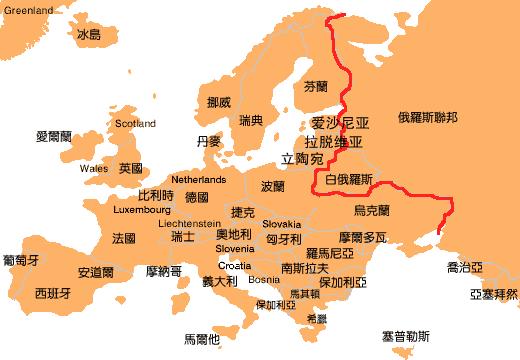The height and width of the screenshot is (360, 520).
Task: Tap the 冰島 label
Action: coord(88,35)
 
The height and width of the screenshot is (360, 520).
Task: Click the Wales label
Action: coord(94,168)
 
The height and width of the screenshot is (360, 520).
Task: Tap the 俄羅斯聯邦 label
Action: coord(427,117)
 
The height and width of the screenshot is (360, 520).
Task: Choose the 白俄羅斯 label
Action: coord(349,180)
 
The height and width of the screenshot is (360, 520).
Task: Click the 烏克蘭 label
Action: coord(371,210)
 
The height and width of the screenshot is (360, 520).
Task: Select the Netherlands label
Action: coord(200,179)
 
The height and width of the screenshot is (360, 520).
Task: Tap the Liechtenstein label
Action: coord(190,224)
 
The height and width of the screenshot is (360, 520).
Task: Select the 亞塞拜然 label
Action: coord(494,294)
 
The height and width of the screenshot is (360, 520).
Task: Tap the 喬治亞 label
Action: coord(465,267)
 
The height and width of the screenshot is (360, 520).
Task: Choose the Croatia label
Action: coord(234,266)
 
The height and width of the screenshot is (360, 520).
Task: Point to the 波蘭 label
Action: coord(273,187)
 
